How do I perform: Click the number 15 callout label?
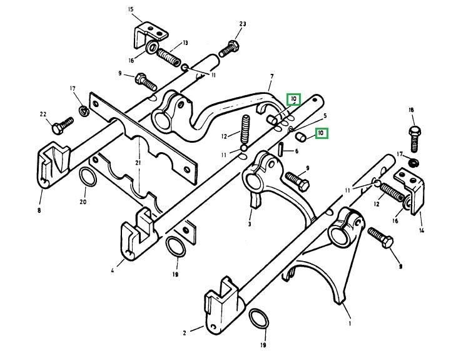point(131,9)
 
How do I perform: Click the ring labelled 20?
point(88,179)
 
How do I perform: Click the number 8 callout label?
point(39,211)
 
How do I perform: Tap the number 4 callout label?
point(113,271)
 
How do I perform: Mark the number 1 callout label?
point(350,324)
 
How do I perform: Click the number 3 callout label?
point(250,223)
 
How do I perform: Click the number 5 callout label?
point(325,116)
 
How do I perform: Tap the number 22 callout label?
point(43,114)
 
